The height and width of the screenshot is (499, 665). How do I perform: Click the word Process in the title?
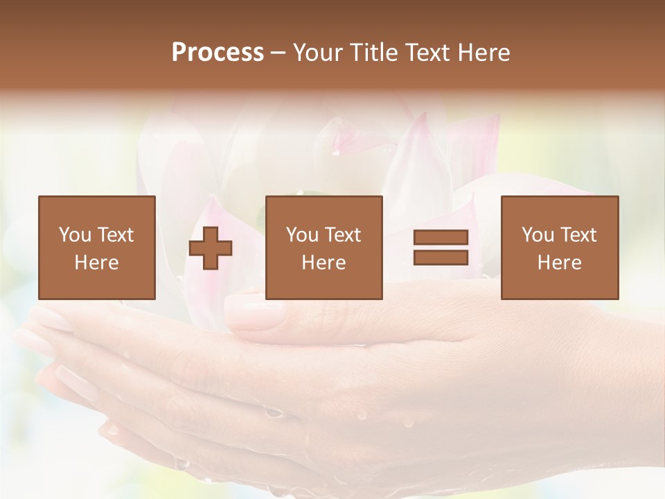(218, 53)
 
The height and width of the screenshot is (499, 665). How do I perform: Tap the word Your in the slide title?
(317, 53)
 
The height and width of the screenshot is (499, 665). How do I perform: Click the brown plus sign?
(211, 248)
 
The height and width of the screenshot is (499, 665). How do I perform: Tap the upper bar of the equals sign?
(441, 238)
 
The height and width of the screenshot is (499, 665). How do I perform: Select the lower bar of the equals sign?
(441, 258)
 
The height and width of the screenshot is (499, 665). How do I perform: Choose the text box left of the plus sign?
(97, 247)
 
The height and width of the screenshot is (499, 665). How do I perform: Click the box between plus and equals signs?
(324, 247)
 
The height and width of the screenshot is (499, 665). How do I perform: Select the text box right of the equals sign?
(560, 247)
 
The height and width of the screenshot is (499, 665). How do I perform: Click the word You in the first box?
(75, 235)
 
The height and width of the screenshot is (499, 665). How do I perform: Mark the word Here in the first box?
(97, 263)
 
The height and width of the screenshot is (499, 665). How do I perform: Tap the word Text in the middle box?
(343, 235)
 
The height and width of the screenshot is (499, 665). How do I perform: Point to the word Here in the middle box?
(324, 263)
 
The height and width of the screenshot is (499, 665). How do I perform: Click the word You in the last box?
(538, 235)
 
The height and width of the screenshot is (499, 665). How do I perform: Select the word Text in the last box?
(578, 235)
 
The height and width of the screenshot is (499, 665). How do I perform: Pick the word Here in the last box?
(560, 263)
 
